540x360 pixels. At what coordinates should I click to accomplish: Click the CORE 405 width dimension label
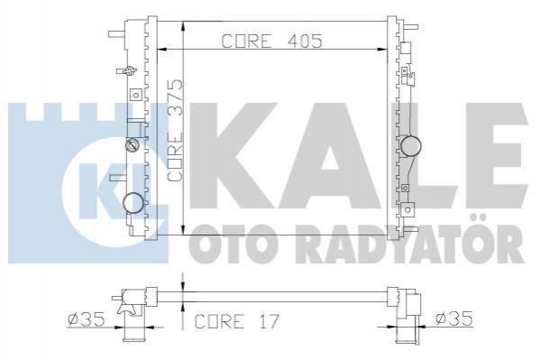click(x=271, y=41)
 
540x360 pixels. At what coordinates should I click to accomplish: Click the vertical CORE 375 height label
click(x=175, y=130)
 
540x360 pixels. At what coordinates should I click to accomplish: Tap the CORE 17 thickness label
click(x=237, y=321)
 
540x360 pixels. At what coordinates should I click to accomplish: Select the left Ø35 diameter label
click(x=87, y=319)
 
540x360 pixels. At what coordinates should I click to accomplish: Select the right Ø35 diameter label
click(x=453, y=318)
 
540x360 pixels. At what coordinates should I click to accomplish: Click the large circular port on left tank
click(x=133, y=203)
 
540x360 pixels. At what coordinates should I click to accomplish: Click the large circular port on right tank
click(x=411, y=146)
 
